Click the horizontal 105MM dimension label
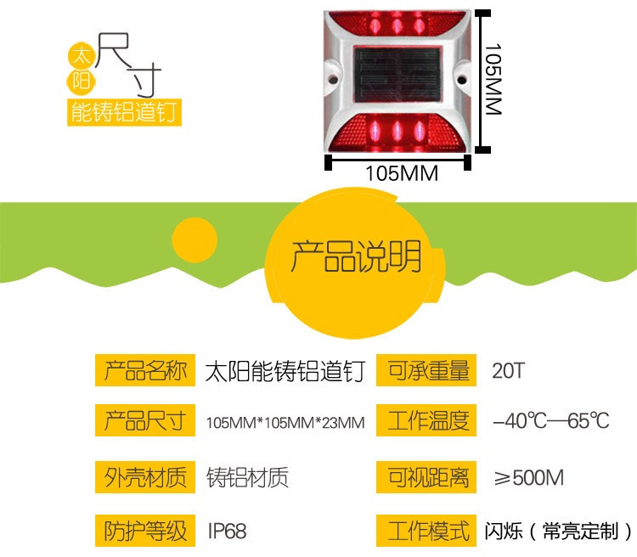click(x=401, y=173)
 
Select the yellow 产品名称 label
click(x=144, y=371)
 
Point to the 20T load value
click(x=509, y=372)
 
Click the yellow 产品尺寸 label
click(x=144, y=421)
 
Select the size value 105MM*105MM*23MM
click(x=285, y=423)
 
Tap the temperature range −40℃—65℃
click(x=550, y=421)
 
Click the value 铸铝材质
click(x=247, y=477)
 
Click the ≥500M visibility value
click(x=528, y=477)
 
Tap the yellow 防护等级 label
click(x=144, y=531)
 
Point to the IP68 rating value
click(x=227, y=532)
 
